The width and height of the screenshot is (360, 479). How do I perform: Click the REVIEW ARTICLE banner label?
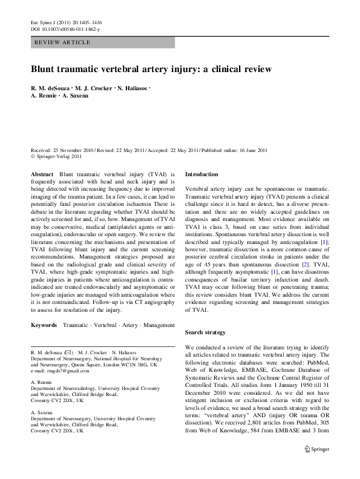(63, 42)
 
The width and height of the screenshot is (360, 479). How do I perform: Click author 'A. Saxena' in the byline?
(73, 96)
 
